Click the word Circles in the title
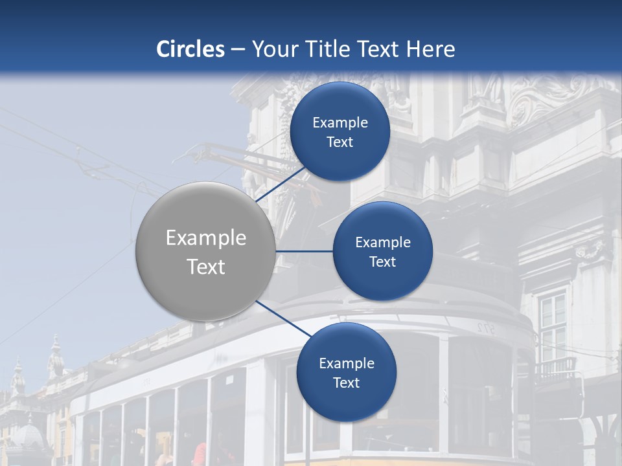point(190,49)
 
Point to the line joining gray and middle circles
point(304,251)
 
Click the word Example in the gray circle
point(206,238)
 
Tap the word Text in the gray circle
point(206,267)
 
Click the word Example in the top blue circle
point(340,123)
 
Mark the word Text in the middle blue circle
point(382,262)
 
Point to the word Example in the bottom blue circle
point(347,364)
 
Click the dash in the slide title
point(237,50)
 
